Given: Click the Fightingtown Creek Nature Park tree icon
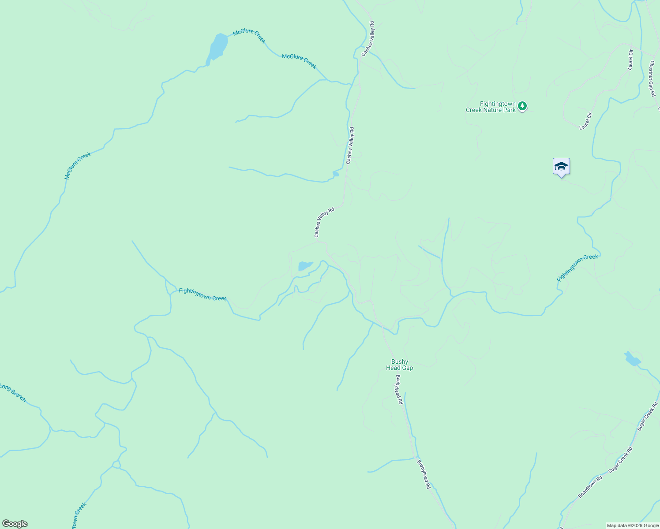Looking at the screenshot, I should (522, 106).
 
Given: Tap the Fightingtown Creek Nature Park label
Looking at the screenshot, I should (491, 107).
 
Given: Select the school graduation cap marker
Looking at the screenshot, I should (561, 167).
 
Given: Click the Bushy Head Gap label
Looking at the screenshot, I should (399, 365).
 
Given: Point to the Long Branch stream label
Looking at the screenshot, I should (13, 393).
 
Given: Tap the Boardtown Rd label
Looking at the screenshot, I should (590, 487).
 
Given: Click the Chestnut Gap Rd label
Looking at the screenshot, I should (651, 78).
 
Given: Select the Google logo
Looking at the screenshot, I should (15, 524).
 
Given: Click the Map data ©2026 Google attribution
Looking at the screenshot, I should (632, 525).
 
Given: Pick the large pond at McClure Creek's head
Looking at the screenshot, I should (218, 46).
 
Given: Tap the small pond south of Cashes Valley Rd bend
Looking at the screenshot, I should (305, 266).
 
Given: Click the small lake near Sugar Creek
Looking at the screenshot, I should (632, 359).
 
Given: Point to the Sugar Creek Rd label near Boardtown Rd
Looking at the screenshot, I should (620, 460).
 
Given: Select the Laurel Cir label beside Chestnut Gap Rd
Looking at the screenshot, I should (630, 60).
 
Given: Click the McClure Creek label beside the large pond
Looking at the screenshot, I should (249, 36).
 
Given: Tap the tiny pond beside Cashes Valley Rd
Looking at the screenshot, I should (336, 174).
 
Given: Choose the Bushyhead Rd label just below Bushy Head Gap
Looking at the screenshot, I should (399, 389).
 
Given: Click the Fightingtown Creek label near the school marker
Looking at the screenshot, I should (577, 268).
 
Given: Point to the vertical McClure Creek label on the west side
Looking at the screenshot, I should (78, 166).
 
